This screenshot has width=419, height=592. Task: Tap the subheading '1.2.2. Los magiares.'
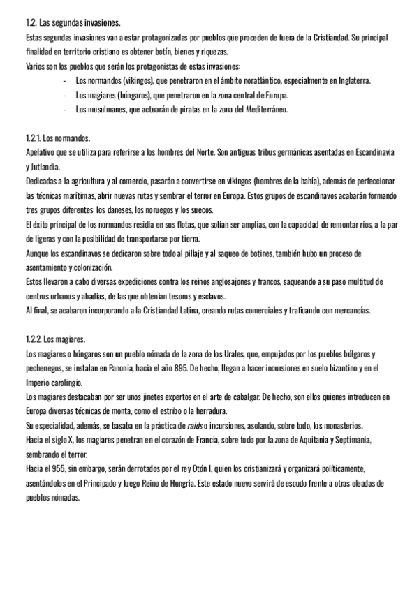56,339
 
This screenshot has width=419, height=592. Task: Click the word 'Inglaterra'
349,80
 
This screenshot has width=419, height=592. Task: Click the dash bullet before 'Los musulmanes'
64,110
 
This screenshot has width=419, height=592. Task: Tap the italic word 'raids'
197,426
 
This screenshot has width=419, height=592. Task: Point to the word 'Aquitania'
277,441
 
